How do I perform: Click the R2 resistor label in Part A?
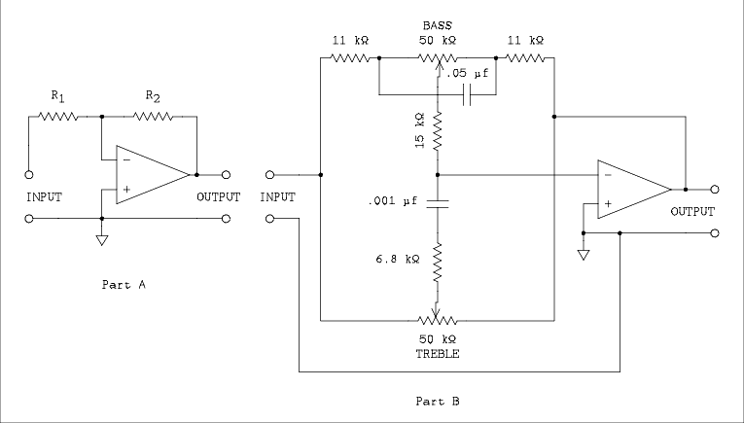[x=153, y=96]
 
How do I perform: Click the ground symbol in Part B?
[x=582, y=254]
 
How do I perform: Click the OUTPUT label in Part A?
[x=218, y=196]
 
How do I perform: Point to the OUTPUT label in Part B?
[x=691, y=211]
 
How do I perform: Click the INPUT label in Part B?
[x=277, y=196]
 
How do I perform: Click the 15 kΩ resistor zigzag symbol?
[x=438, y=130]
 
